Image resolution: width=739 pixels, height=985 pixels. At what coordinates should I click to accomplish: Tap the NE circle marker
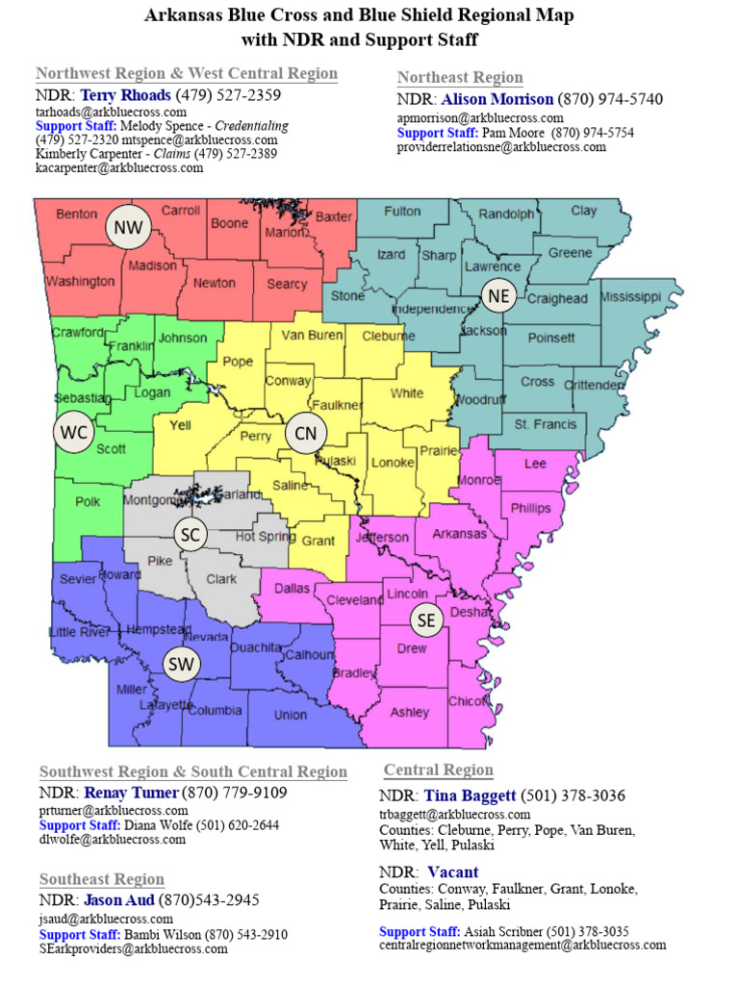[498, 296]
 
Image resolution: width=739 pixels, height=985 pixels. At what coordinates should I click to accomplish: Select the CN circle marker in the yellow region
[305, 434]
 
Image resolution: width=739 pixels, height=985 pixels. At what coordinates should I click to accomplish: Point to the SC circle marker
[191, 534]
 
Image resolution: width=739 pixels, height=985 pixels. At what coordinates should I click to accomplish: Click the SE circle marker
[426, 621]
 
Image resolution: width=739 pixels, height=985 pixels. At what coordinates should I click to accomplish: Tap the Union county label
[291, 715]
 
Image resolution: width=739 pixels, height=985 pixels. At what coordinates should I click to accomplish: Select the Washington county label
[80, 282]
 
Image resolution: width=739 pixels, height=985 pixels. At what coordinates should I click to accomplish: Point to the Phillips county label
[530, 508]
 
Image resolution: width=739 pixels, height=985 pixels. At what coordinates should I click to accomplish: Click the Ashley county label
[410, 713]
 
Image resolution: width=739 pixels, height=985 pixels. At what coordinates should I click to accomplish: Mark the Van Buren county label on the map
[312, 335]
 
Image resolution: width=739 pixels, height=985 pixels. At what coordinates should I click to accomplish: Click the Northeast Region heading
[460, 77]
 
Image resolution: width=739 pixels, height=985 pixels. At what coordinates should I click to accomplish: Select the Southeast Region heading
[101, 879]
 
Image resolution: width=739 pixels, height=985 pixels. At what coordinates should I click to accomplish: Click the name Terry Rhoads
[125, 95]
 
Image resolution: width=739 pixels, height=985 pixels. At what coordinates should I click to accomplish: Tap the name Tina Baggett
[469, 796]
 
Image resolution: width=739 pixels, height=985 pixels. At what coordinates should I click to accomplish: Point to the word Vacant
[454, 872]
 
